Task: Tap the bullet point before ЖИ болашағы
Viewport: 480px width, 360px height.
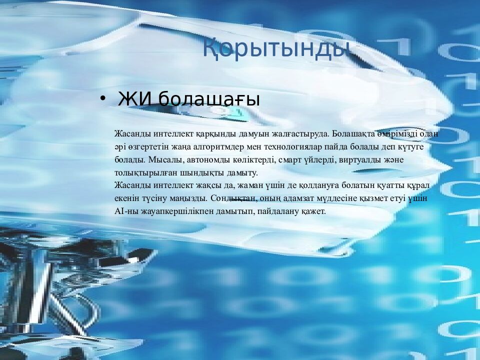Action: pos(103,98)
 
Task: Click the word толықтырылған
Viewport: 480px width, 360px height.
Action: pos(142,173)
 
